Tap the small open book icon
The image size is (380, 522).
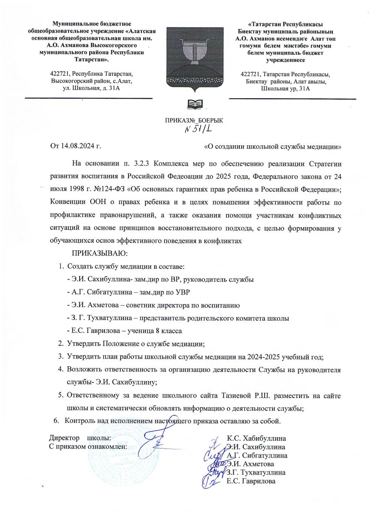[195, 104]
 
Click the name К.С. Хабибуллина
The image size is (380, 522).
[257, 438]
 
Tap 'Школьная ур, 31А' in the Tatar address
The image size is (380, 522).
[285, 89]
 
